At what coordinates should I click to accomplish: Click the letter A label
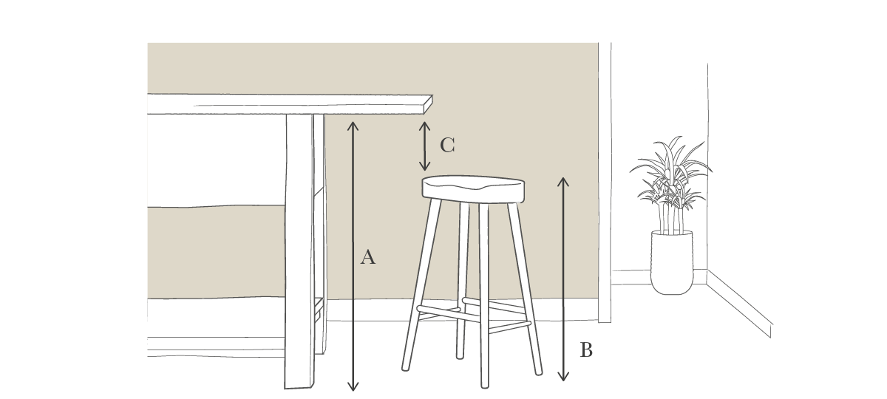pos(368,257)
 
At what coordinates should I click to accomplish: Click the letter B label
pos(586,350)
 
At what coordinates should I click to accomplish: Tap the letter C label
pos(447,145)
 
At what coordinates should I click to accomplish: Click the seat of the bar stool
pos(474,189)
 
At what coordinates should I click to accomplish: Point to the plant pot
pos(672,263)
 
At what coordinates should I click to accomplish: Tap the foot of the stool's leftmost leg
pos(405,368)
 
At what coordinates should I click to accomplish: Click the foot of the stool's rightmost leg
pos(538,372)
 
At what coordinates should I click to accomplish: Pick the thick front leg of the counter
pos(300,251)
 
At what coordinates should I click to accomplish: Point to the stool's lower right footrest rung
pos(509,327)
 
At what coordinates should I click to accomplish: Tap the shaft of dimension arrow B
pos(563,279)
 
